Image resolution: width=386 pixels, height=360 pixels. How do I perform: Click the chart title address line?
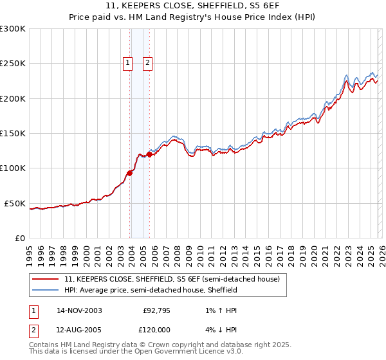193,5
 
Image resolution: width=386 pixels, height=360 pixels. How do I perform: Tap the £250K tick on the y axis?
13,64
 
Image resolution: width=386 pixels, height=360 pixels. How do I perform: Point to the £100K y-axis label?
13,168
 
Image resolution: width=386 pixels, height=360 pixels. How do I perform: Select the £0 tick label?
20,238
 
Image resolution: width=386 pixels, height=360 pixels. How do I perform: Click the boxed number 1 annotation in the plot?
127,62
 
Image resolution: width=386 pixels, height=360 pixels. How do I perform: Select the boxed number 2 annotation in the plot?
147,62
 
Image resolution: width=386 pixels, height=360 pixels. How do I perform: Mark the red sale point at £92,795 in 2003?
130,172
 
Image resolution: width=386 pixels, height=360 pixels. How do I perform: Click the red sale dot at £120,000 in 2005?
149,154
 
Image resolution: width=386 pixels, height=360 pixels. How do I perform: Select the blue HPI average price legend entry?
151,291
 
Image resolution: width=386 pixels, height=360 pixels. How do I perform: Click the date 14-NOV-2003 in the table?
79,310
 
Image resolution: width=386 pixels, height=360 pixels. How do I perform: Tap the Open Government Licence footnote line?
136,352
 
